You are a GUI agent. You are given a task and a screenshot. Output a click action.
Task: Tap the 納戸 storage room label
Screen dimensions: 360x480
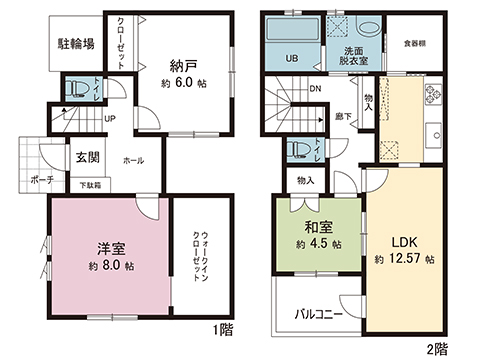tap(182, 66)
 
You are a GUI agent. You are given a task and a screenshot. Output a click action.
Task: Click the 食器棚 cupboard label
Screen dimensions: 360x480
tap(416, 44)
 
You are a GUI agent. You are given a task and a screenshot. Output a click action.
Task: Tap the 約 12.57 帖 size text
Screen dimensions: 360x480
tap(405, 260)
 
